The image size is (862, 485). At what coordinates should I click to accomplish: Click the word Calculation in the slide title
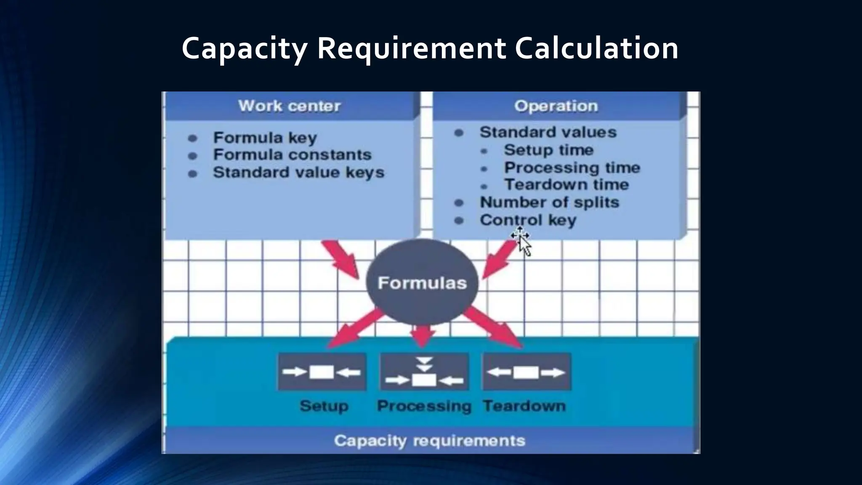tap(596, 48)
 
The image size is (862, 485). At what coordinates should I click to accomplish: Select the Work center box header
tap(290, 106)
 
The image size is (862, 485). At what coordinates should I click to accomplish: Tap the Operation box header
tap(556, 106)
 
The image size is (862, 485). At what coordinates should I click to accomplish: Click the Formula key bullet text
tap(265, 138)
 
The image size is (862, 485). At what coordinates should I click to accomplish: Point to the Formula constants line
tap(292, 155)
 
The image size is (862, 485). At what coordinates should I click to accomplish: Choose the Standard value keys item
tap(298, 173)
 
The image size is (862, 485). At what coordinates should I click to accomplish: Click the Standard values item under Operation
tap(548, 132)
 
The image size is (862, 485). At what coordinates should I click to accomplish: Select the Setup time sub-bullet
tap(548, 150)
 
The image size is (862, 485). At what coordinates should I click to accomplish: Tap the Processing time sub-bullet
tap(572, 168)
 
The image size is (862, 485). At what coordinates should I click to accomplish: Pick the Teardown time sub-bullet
tap(567, 185)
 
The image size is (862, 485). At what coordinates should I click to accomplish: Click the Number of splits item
tap(549, 203)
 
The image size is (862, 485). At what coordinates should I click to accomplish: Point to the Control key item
tap(528, 220)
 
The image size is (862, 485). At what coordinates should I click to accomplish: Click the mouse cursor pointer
tap(523, 243)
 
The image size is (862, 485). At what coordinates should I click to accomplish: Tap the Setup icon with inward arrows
tap(322, 372)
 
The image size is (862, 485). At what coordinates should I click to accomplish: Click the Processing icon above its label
tap(424, 372)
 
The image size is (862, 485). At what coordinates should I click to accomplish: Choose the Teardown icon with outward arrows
tap(526, 372)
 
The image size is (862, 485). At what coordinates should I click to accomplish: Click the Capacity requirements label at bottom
tap(429, 441)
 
